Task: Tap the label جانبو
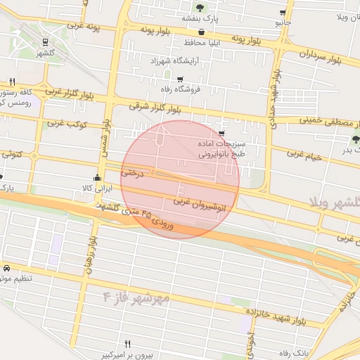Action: [283, 22]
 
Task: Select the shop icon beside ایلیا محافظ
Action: [202, 32]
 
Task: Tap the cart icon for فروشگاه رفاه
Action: [180, 79]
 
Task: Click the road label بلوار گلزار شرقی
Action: [154, 108]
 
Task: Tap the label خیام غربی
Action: [304, 154]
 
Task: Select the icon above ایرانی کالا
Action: [97, 177]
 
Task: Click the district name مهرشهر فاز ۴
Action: [136, 296]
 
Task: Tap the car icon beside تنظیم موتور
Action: [6, 269]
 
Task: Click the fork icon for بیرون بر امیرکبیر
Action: [127, 344]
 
